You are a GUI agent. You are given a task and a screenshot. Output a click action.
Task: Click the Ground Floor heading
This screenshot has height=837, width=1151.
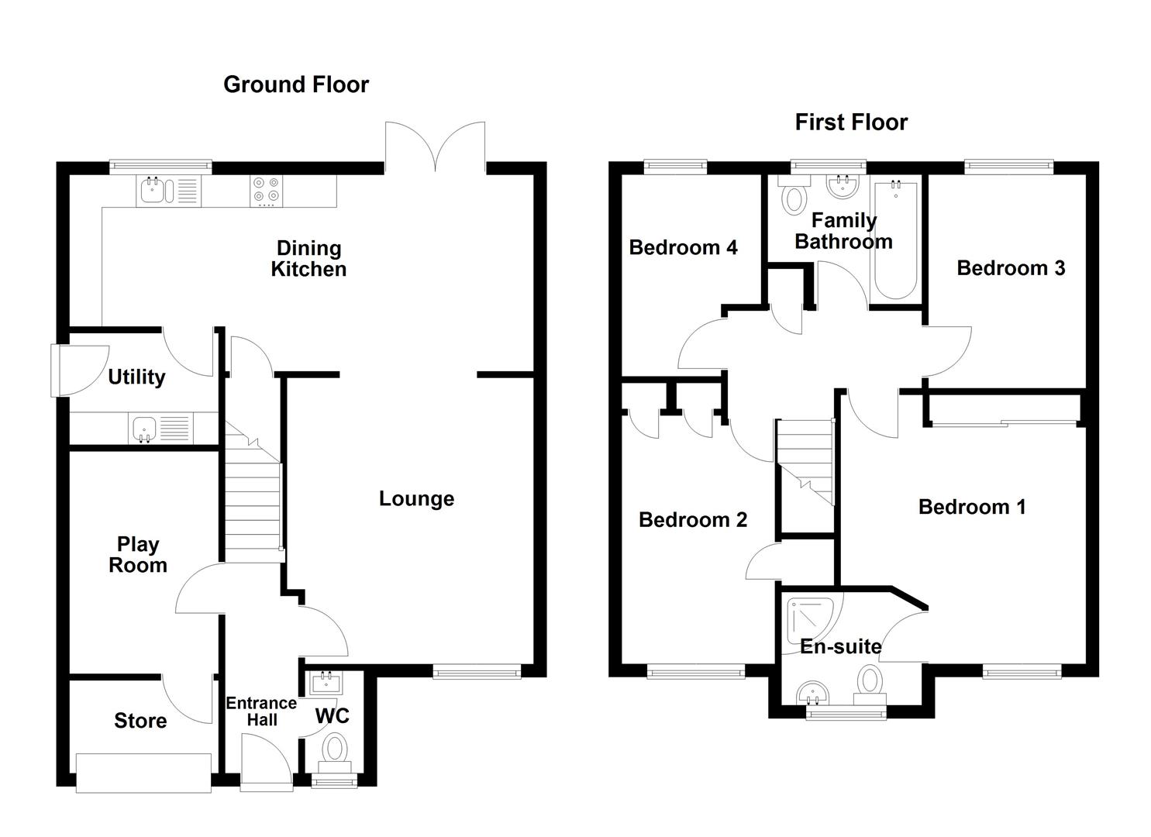296,84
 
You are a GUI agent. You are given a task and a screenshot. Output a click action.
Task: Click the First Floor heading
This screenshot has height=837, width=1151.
851,122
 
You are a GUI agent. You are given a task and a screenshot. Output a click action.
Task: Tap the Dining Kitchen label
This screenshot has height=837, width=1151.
308,259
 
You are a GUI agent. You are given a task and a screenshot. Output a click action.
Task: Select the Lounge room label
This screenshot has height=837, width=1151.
416,499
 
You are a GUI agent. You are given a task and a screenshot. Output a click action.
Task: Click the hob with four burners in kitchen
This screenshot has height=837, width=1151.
267,191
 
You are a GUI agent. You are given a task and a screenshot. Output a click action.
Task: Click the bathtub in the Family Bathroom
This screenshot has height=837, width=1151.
895,240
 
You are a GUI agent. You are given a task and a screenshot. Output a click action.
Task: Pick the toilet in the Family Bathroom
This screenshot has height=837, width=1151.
794,197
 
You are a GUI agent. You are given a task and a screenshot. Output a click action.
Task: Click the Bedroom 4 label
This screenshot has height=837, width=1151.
683,248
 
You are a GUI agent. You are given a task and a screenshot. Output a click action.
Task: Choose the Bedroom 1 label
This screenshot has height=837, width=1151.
972,508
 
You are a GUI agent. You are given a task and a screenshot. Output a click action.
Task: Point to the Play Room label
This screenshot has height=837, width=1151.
138,555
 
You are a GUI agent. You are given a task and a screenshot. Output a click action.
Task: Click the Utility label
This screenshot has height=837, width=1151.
136,377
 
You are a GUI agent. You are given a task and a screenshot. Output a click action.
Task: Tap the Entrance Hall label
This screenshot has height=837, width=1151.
261,711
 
